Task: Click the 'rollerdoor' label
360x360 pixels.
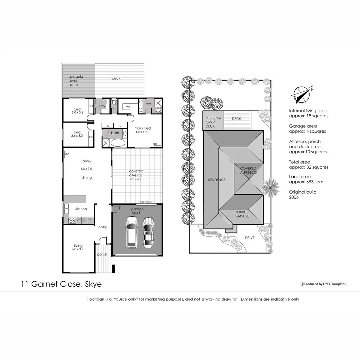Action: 145,202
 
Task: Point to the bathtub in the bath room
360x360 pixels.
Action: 118,143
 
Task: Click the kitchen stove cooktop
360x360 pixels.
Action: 72,220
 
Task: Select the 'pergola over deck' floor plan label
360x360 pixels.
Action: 76,81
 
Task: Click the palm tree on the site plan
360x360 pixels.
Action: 270,187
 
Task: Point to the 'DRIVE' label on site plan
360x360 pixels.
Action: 250,238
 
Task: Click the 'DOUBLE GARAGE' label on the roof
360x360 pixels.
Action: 242,214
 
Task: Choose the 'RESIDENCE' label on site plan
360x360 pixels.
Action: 217,180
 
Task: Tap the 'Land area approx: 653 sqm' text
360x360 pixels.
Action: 306,179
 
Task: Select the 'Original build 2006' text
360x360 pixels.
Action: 303,195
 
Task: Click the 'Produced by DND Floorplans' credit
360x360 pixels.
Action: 323,284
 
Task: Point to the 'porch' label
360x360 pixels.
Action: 102,254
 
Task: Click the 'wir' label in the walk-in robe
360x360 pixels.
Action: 128,107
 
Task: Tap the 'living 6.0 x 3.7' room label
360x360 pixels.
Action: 78,247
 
